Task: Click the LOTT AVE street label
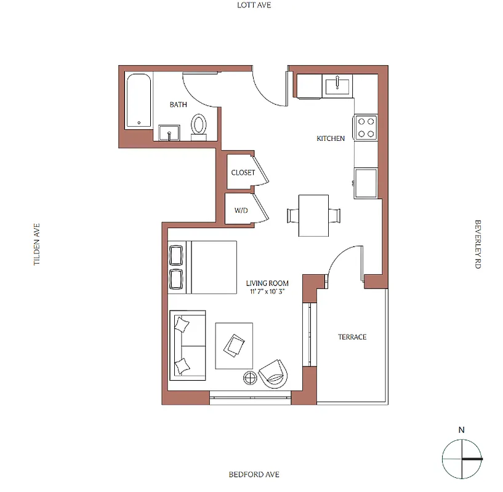coord(254,5)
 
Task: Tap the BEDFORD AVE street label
coord(254,474)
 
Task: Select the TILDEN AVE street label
coord(37,244)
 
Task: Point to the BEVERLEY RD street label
coord(477,244)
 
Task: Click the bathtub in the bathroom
coord(139,101)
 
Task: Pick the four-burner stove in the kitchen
coord(365,127)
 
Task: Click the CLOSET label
coord(243,173)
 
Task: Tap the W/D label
coord(241,210)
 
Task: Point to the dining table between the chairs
coord(313,215)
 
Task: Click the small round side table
coord(251,378)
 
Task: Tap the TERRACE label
coord(352,337)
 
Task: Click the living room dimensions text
coord(267,292)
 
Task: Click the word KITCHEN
coord(331,138)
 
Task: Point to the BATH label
coord(179,105)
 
